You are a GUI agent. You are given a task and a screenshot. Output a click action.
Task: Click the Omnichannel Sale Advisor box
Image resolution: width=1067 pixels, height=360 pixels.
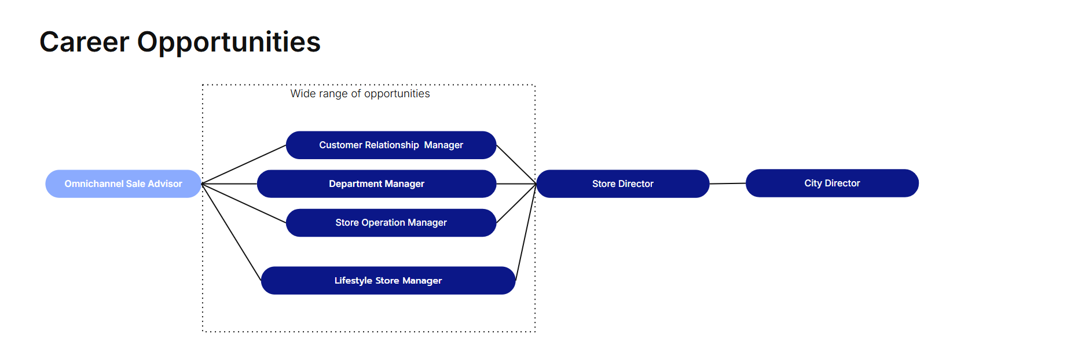pyautogui.click(x=123, y=183)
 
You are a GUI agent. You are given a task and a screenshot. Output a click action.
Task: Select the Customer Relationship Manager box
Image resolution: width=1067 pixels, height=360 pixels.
pyautogui.click(x=391, y=145)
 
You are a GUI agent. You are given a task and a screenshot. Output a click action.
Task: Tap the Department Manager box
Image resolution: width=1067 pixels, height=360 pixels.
pyautogui.click(x=376, y=183)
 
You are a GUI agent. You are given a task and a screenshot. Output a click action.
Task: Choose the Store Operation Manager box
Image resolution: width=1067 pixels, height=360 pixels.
pyautogui.click(x=391, y=222)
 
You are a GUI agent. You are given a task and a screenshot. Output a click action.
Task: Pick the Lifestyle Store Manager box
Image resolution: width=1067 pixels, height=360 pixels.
pyautogui.click(x=388, y=280)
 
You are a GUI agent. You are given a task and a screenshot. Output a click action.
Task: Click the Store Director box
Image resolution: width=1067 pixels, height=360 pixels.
pyautogui.click(x=623, y=183)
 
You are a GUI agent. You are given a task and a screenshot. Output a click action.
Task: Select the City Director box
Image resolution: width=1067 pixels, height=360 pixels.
pyautogui.click(x=832, y=183)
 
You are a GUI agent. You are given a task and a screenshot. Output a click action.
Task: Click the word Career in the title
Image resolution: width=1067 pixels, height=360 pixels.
pyautogui.click(x=85, y=42)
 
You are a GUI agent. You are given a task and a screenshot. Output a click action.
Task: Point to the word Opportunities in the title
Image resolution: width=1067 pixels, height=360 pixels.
pyautogui.click(x=229, y=43)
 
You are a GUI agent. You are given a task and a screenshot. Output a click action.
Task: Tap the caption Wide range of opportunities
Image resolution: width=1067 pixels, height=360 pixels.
pyautogui.click(x=360, y=94)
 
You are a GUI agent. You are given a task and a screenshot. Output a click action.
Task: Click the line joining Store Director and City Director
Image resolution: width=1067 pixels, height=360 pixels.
pyautogui.click(x=728, y=183)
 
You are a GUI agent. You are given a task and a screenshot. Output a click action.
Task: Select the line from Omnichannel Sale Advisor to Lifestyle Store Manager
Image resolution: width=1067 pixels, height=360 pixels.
pyautogui.click(x=232, y=232)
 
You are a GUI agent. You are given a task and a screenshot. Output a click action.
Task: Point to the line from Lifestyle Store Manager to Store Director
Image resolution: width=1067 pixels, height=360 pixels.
pyautogui.click(x=526, y=232)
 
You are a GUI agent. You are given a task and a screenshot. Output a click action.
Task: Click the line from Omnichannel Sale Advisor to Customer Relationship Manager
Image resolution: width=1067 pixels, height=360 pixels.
pyautogui.click(x=244, y=164)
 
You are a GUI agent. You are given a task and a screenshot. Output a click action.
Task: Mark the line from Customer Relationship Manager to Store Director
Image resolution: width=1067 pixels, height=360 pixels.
pyautogui.click(x=516, y=164)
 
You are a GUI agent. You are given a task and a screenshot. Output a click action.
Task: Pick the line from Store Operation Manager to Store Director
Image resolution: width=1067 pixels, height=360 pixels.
pyautogui.click(x=516, y=203)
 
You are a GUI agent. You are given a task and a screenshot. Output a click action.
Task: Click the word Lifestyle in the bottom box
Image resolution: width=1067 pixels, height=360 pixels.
pyautogui.click(x=353, y=281)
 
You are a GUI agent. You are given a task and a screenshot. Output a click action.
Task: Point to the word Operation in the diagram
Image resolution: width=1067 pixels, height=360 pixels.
pyautogui.click(x=383, y=223)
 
